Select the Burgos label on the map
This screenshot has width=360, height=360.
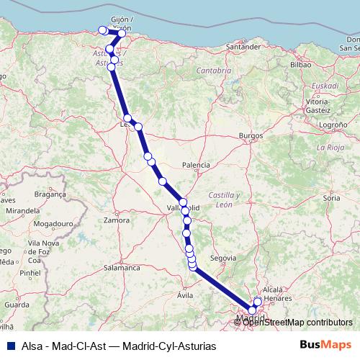pos(251,135)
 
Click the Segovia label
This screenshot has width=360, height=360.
pos(222,258)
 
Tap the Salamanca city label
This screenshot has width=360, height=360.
pos(121,267)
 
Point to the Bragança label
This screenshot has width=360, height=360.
pos(50,194)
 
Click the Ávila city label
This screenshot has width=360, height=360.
pos(186,295)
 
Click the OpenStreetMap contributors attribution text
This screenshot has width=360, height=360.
pos(297,322)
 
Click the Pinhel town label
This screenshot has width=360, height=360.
pos(30,274)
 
